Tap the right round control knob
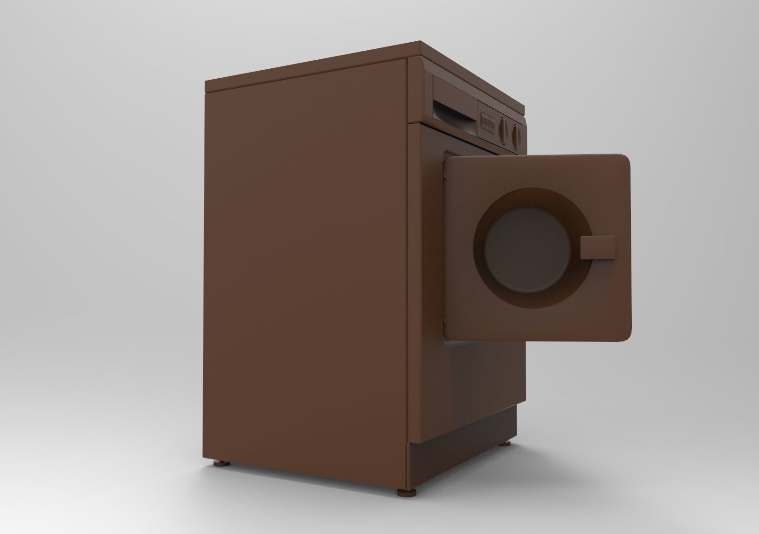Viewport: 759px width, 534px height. point(516,133)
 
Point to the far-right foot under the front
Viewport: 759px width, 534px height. point(508,444)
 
